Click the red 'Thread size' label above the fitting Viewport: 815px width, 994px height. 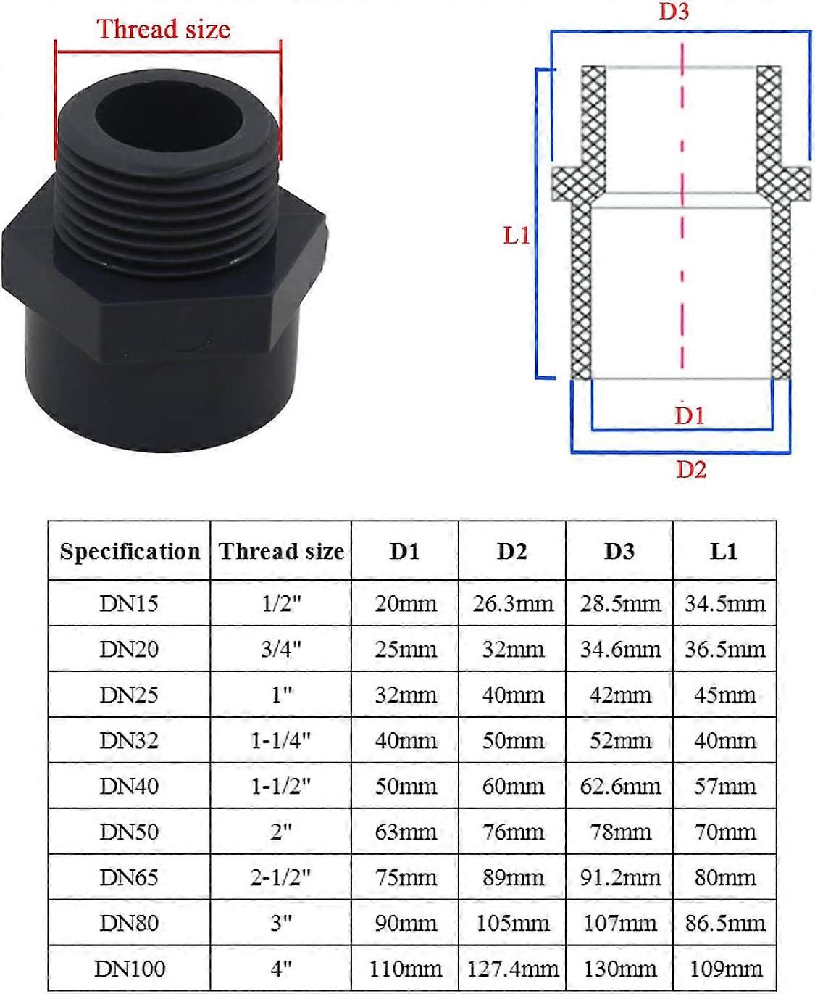point(164,30)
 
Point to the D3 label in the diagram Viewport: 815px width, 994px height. point(673,12)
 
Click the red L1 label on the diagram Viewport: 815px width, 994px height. point(517,236)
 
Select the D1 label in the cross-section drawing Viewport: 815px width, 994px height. point(689,415)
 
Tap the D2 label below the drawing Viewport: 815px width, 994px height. point(690,470)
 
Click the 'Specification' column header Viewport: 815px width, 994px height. point(130,551)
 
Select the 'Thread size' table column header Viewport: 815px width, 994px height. point(281,551)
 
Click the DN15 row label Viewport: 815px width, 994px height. point(129,603)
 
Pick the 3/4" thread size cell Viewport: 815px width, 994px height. point(281,649)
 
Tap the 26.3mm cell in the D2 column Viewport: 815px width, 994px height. point(512,603)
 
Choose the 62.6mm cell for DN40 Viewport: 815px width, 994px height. point(620,786)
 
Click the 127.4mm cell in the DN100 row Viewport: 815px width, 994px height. point(512,969)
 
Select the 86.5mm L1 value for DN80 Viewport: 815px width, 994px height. point(724,923)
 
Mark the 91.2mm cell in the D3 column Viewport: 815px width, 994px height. point(620,877)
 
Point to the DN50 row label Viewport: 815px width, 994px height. point(129,832)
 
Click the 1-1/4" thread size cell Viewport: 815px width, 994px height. point(281,740)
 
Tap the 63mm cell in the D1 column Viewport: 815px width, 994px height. point(405,832)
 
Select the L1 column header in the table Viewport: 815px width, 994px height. point(724,551)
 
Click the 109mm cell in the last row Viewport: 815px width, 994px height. point(724,969)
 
